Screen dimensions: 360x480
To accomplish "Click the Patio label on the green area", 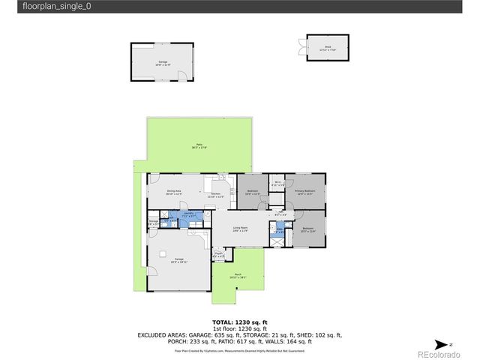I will (199, 145).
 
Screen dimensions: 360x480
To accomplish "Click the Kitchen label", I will (216, 195).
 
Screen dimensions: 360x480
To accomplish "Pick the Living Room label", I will (241, 228).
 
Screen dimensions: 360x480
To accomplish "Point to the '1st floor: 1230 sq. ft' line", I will (239, 328).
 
